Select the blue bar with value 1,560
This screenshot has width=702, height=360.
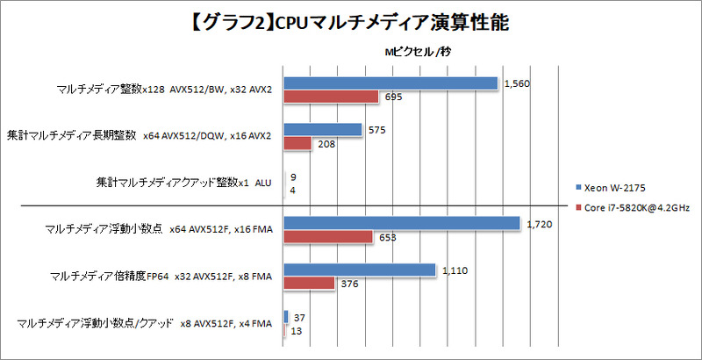click(391, 83)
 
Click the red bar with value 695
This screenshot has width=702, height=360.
click(332, 97)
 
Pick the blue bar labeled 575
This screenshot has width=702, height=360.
click(323, 130)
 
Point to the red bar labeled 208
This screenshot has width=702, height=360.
click(298, 143)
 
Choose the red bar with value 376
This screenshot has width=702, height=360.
click(310, 284)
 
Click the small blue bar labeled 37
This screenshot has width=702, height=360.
click(286, 317)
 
